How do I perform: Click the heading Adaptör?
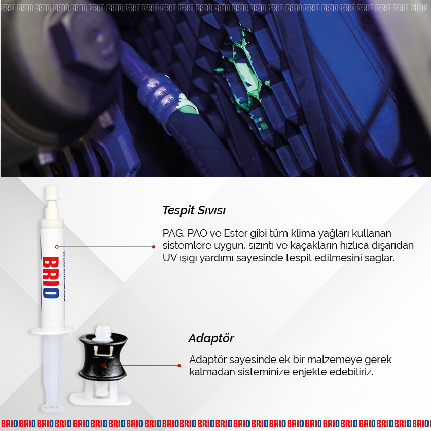[211, 338]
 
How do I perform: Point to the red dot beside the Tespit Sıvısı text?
[154, 247]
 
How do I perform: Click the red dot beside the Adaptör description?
[179, 365]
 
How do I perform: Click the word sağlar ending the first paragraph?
[378, 258]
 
